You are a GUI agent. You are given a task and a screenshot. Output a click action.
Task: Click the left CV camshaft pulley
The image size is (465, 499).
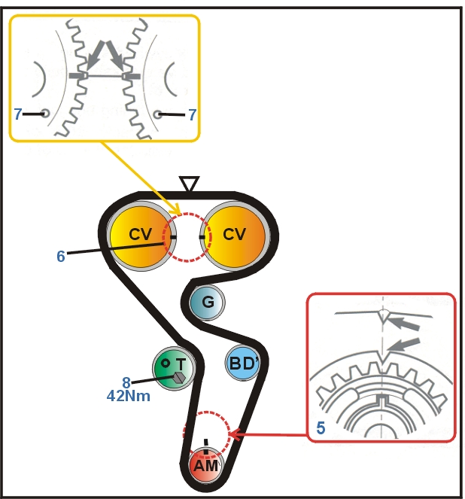click(x=139, y=234)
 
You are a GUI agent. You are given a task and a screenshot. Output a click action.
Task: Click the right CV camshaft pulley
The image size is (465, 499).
click(x=234, y=234)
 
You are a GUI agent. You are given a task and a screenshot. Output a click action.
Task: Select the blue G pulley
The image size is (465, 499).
click(x=208, y=302)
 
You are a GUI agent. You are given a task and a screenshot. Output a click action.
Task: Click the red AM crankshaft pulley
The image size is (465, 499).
click(x=205, y=464)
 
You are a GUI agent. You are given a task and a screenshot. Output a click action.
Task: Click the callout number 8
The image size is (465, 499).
click(x=126, y=382)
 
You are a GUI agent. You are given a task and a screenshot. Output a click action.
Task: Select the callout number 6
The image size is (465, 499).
click(x=60, y=256)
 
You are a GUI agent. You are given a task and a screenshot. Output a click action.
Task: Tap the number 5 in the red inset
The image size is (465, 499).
click(x=321, y=429)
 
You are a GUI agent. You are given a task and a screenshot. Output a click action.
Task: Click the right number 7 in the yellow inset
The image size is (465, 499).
click(x=193, y=114)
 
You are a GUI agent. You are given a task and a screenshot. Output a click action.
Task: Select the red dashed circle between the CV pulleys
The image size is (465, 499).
click(x=187, y=236)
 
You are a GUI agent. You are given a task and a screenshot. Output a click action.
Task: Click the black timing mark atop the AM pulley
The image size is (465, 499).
click(x=205, y=442)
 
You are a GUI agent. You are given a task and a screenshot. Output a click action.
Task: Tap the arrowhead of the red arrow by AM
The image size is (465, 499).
click(x=232, y=434)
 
